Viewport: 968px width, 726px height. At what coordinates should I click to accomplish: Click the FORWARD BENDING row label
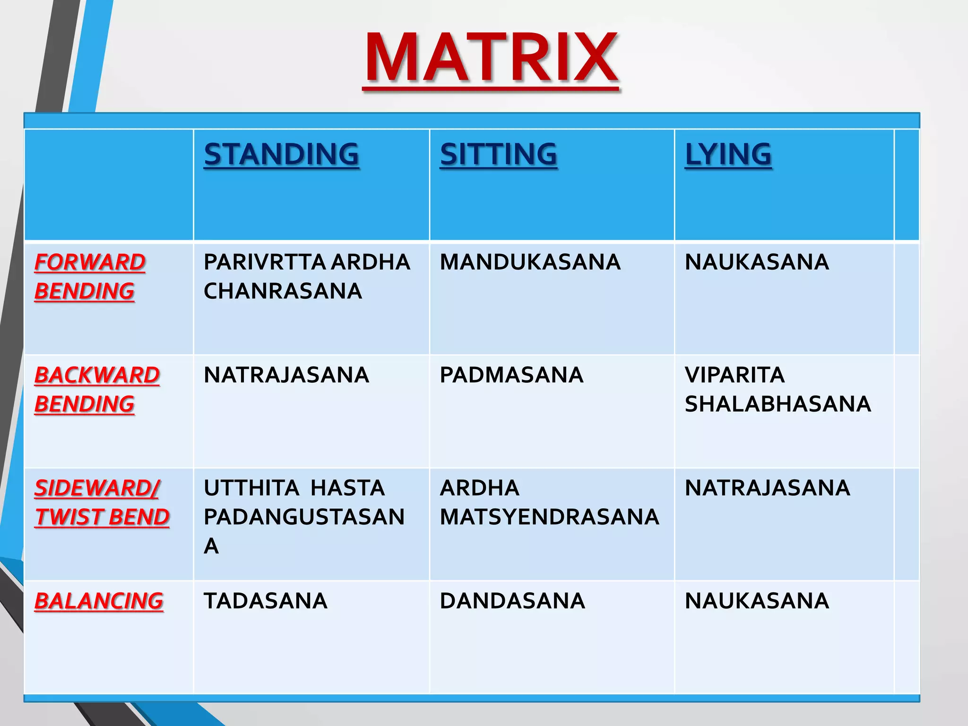pyautogui.click(x=90, y=277)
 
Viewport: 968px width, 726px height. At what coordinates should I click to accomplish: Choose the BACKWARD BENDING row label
pyautogui.click(x=97, y=389)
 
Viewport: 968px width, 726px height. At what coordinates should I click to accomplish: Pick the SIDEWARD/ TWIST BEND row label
pyautogui.click(x=102, y=502)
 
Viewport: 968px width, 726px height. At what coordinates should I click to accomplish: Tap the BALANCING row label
pyautogui.click(x=99, y=601)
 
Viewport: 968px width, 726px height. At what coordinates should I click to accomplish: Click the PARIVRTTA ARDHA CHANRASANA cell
pyautogui.click(x=306, y=277)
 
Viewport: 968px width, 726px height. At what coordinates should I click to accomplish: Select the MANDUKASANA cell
pyautogui.click(x=530, y=262)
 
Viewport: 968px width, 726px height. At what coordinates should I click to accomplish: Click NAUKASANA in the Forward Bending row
pyautogui.click(x=757, y=262)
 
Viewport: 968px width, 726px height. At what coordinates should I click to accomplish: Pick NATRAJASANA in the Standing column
pyautogui.click(x=286, y=375)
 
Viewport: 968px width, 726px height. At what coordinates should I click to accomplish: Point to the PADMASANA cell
pyautogui.click(x=511, y=375)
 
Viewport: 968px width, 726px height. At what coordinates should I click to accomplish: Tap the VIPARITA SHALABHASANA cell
pyautogui.click(x=778, y=389)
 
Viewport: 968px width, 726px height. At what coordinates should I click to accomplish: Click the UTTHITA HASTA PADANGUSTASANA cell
pyautogui.click(x=304, y=517)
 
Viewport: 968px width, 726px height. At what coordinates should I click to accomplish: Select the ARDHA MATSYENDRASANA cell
pyautogui.click(x=549, y=502)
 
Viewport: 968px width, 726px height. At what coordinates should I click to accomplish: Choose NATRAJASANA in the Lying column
pyautogui.click(x=767, y=488)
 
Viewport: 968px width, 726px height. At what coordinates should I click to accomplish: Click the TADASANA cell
pyautogui.click(x=265, y=601)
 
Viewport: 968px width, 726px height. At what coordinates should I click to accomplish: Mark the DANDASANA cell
pyautogui.click(x=512, y=601)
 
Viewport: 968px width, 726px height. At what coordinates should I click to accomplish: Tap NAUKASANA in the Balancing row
pyautogui.click(x=757, y=601)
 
